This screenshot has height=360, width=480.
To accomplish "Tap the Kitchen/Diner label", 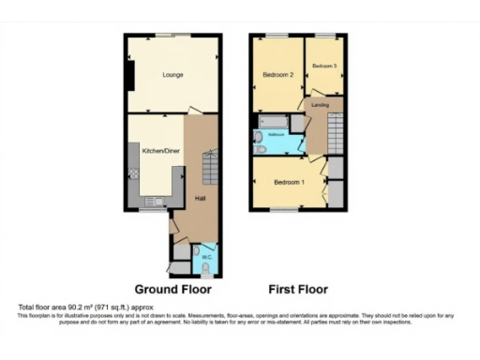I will coord(160,150).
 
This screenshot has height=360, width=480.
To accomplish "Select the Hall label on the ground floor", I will coord(200,199).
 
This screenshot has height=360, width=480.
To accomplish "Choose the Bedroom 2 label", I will coord(277,74).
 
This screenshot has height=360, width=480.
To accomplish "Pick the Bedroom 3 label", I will coord(324,66).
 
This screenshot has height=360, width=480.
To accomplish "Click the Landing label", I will coord(320,105).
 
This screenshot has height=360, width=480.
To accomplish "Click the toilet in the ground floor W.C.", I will coord(207,265).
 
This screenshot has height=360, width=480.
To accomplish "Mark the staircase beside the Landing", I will coord(337,131).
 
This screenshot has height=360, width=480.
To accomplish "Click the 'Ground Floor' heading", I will coord(172,290).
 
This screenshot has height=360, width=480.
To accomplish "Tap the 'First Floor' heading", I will coord(298,290).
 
